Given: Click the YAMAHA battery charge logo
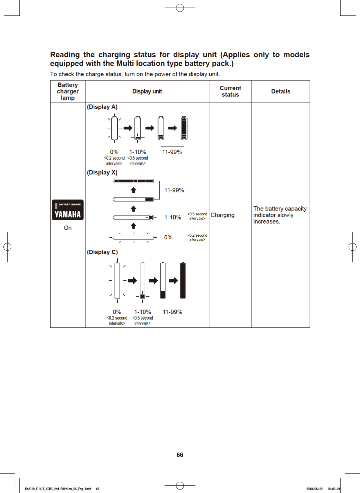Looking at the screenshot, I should point(68,210).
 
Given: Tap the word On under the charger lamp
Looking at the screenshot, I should point(68,228).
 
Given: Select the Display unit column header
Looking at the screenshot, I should point(147,91).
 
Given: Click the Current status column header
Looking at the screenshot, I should point(230,91).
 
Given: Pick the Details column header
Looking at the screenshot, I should point(281,91).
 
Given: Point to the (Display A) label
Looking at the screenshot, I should point(102,107).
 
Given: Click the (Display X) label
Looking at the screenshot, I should point(102,172).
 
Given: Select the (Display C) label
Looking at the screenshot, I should point(102,252).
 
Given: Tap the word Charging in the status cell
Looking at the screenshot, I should point(222,215).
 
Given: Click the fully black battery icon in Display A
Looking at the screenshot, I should point(184,128).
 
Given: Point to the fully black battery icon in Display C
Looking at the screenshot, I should point(183,280).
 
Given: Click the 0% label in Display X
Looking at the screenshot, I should point(168,237).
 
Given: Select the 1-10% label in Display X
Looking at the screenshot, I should point(173,217).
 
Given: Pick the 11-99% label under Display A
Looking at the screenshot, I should point(172,152).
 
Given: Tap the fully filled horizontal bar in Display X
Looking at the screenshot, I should point(133,181).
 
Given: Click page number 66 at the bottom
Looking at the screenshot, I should point(180,455).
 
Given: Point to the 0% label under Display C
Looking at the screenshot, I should point(117,312).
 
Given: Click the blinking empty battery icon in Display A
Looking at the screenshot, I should point(114,128).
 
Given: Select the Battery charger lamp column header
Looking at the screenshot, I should point(68,91).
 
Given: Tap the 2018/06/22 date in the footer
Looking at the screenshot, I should point(314,489).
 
